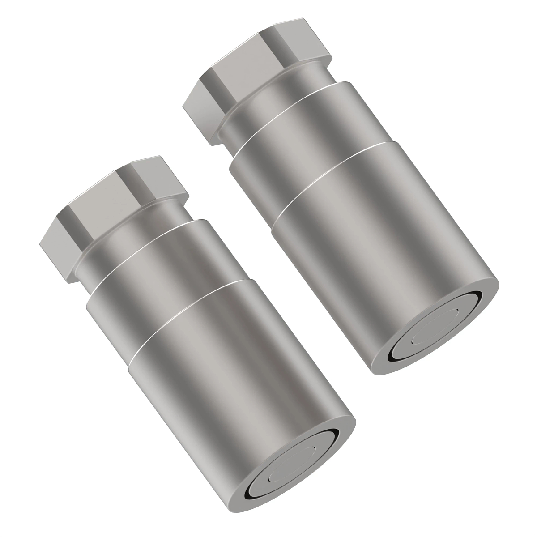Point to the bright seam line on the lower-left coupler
click(183, 309)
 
